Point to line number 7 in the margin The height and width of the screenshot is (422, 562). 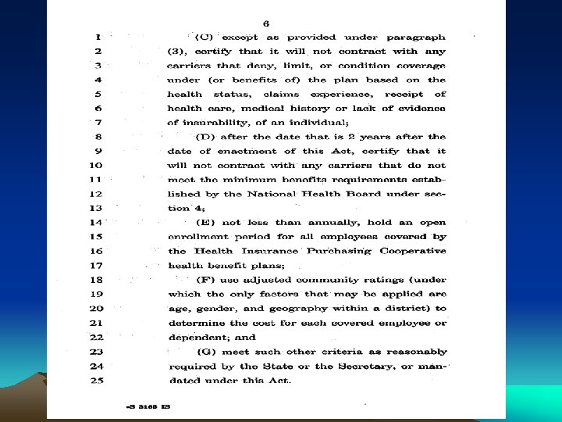[98, 122]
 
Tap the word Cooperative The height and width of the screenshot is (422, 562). [413, 251]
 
